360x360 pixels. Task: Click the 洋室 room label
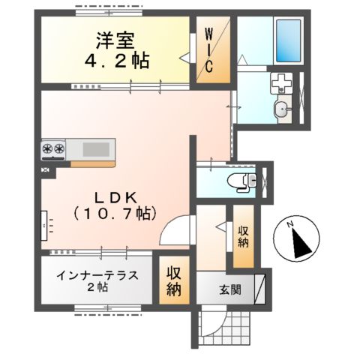coord(112,39)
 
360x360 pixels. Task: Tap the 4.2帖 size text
coord(112,60)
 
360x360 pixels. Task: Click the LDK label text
coord(115,197)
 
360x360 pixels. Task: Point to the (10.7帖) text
coord(115,214)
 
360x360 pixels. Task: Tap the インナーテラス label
coord(97,275)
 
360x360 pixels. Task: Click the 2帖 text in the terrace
coord(97,289)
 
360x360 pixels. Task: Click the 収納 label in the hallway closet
coord(244,238)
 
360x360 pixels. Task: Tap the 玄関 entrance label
coord(230,290)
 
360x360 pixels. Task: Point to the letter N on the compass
coord(287,223)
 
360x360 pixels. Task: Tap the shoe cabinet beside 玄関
coord(260,289)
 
